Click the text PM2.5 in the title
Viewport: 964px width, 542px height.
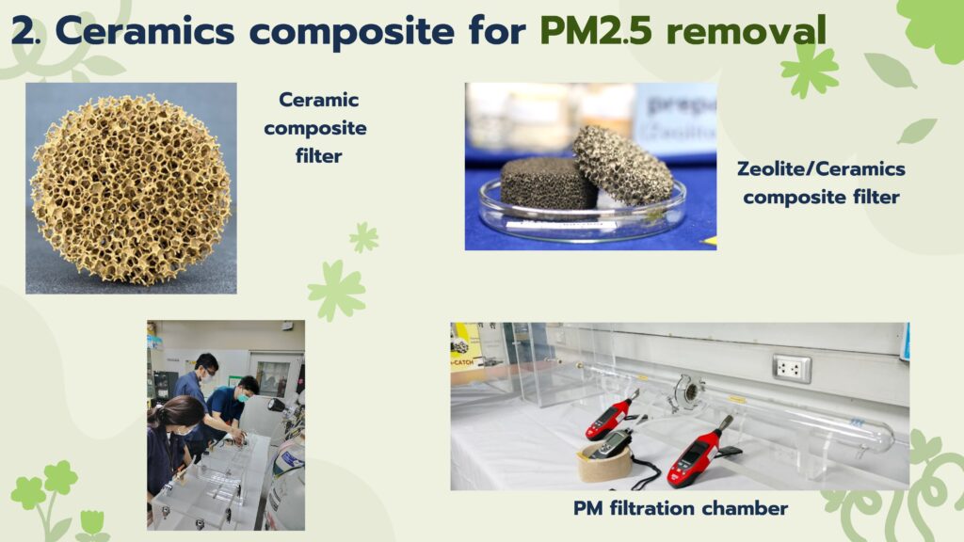[x=596, y=30]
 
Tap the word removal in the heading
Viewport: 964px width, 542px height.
[x=747, y=30]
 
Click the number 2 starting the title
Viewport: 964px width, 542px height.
[x=24, y=31]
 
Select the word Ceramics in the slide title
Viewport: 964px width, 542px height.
[x=145, y=31]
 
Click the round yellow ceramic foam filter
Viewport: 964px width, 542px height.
[x=130, y=189]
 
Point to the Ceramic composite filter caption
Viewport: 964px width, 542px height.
[x=315, y=128]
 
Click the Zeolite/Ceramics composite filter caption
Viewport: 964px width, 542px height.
[x=821, y=183]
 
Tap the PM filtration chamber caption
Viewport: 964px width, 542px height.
[x=681, y=508]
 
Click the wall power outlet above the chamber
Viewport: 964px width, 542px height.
[x=792, y=368]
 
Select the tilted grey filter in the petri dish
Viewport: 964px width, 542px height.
[x=622, y=165]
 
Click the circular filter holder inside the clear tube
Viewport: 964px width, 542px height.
[x=690, y=394]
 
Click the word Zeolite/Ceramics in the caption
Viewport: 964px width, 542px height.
[x=821, y=168]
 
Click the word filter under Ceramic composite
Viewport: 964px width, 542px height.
[x=318, y=156]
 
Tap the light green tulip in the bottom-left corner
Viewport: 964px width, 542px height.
[x=92, y=522]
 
